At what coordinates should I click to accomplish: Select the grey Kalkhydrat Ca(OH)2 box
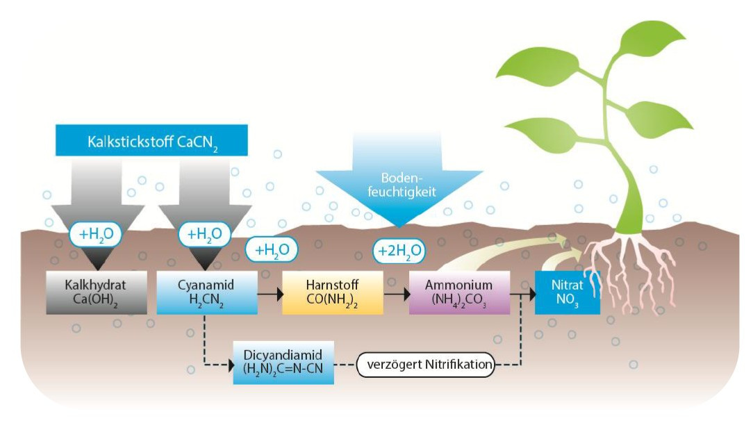97,293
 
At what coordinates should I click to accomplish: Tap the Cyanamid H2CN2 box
206,293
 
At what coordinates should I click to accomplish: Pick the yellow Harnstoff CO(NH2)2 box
333,293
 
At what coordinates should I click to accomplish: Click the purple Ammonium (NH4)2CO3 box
458,293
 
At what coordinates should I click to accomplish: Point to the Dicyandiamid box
283,363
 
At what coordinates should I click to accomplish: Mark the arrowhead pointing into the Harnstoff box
279,294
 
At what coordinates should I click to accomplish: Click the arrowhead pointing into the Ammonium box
405,294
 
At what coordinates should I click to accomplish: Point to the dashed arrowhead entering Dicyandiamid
230,363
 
